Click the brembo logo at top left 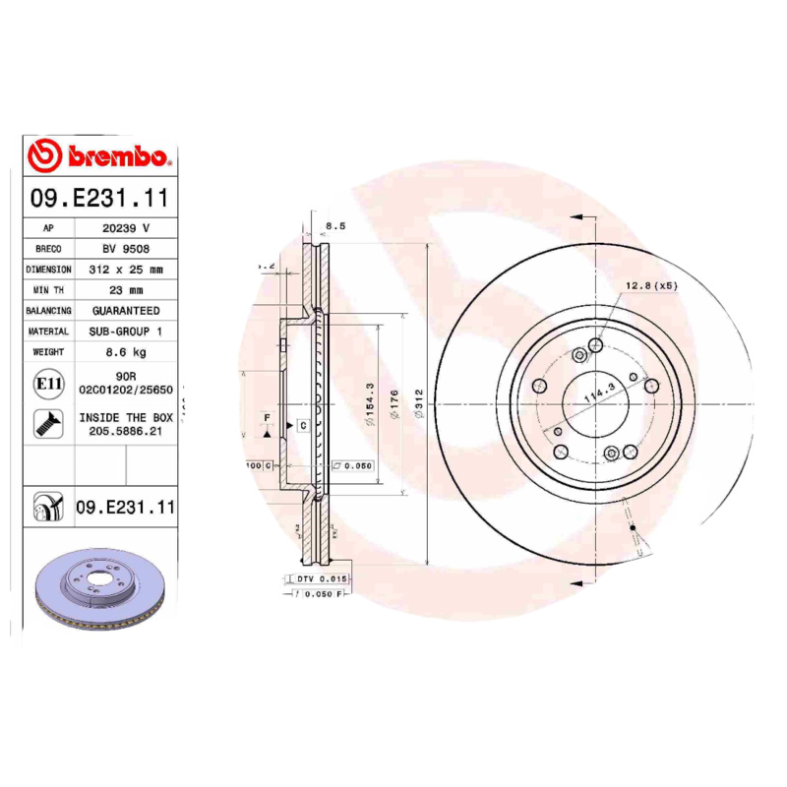pos(100,155)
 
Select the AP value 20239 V pos(125,227)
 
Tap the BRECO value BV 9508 pos(125,248)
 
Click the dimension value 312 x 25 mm pos(125,269)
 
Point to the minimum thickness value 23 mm pos(125,289)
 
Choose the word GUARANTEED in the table pos(125,310)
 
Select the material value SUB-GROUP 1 pos(125,332)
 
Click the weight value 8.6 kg pos(125,352)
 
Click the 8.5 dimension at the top pos(335,226)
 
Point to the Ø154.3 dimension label pos(371,403)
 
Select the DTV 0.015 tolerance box pos(321,579)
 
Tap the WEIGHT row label pos(48,352)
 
